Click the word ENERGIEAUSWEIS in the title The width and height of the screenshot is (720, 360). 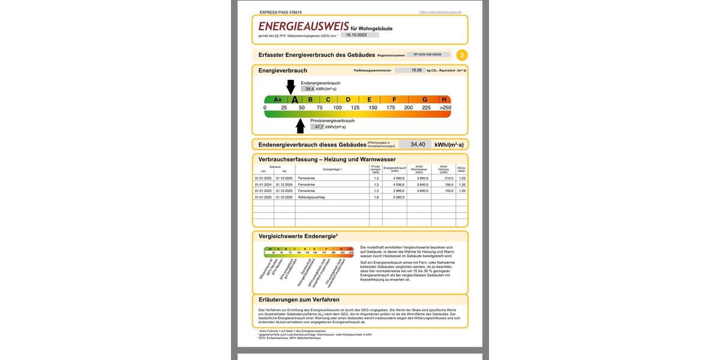click(303, 26)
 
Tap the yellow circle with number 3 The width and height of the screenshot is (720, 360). click(461, 55)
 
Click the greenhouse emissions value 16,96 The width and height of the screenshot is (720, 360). click(416, 70)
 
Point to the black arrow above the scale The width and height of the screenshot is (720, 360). click(290, 87)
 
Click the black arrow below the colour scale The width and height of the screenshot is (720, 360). click(301, 125)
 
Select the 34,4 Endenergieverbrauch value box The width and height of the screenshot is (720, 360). click(308, 89)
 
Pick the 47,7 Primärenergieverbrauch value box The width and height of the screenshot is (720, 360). click(317, 127)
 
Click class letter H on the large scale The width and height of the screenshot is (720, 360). click(444, 100)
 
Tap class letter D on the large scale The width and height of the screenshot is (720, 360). click(348, 100)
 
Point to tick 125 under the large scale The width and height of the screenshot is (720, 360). click(355, 108)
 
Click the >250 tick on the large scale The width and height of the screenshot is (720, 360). click(445, 108)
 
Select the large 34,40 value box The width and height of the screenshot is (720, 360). click(418, 145)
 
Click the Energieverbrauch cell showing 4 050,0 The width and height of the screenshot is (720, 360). click(394, 178)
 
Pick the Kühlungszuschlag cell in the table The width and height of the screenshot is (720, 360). click(311, 197)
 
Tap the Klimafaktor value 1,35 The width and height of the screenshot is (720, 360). click(461, 191)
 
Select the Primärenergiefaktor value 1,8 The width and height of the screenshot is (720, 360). click(376, 197)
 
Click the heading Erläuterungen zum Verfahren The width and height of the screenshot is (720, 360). click(299, 299)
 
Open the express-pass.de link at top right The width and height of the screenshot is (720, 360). click(440, 12)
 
